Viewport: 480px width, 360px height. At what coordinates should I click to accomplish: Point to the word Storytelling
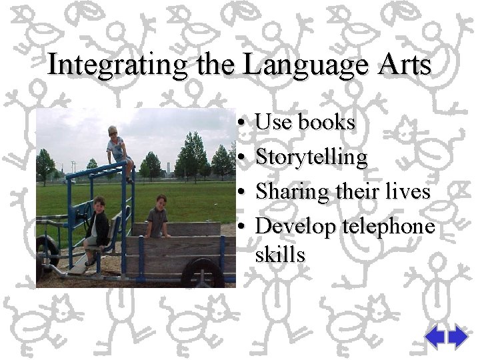311,157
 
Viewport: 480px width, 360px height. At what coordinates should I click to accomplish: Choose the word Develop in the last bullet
296,227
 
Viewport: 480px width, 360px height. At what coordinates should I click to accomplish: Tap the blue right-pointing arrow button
459,337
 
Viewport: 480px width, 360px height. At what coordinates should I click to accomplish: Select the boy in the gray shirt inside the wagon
158,216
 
